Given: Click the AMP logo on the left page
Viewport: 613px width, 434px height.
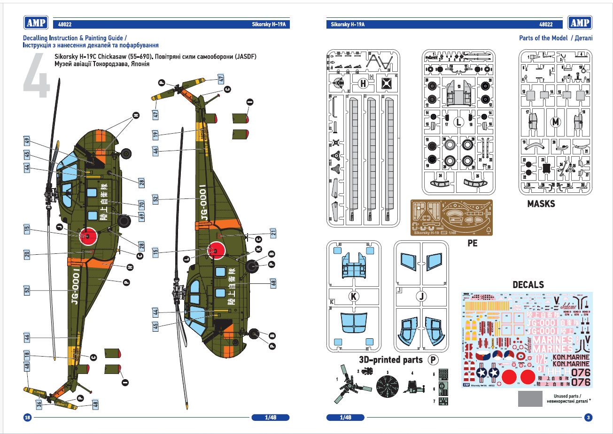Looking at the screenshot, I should [36, 23].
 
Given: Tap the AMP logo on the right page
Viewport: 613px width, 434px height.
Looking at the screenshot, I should [580, 23].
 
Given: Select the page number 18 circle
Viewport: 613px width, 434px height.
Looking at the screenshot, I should [27, 418].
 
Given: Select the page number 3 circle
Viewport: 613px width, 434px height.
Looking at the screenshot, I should [588, 418].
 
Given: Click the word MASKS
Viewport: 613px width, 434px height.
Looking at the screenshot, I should [541, 204].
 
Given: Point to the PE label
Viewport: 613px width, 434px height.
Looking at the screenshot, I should [472, 243].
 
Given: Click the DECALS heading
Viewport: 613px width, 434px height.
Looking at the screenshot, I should [528, 285].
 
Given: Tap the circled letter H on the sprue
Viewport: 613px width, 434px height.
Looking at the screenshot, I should [363, 84].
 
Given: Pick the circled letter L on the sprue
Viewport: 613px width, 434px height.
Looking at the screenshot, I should [459, 122].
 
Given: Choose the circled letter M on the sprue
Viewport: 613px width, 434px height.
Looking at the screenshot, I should [556, 122].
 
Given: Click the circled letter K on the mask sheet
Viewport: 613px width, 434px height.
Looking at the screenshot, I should [353, 297].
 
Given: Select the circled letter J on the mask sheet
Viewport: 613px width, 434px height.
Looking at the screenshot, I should [421, 297].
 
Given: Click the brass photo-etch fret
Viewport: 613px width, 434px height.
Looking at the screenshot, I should [451, 217].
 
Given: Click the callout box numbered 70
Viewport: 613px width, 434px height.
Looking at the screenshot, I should [141, 205].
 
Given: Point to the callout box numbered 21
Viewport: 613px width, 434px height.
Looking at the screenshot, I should [273, 233].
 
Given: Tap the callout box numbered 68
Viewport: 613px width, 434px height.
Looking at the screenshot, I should [273, 283].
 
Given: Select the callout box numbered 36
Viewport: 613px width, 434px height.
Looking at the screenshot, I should [39, 403].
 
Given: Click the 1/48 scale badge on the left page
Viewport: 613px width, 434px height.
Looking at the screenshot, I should [271, 418].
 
